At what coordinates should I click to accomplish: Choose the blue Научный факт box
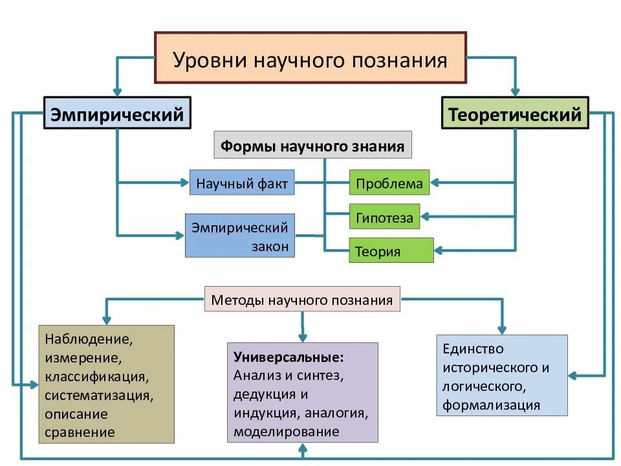click(x=242, y=183)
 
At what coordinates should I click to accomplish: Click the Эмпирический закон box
click(x=240, y=236)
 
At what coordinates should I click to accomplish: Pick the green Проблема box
click(x=389, y=183)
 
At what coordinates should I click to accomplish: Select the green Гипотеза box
click(x=384, y=218)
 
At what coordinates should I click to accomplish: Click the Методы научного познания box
click(x=302, y=300)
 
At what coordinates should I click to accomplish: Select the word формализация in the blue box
click(x=491, y=406)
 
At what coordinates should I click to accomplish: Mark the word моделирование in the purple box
click(x=287, y=431)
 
